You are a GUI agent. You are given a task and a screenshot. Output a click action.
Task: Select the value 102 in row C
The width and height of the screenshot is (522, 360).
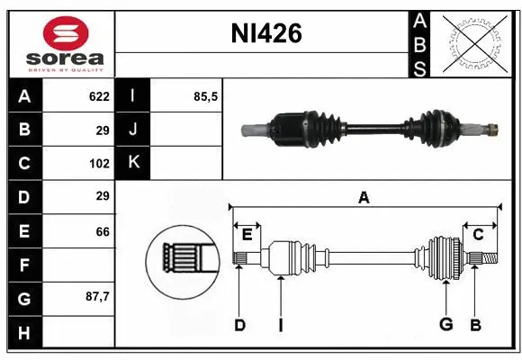98,164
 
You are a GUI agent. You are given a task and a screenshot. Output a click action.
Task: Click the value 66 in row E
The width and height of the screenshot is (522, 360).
102,231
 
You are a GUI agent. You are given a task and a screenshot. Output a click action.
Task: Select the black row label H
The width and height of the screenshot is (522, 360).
24,332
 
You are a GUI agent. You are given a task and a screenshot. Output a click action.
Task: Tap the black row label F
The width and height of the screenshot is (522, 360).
24,265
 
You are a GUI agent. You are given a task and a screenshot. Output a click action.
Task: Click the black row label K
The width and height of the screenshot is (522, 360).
133,163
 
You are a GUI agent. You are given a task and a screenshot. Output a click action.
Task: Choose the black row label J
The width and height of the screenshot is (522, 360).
133,130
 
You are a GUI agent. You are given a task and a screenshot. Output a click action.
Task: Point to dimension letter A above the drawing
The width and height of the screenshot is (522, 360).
364,198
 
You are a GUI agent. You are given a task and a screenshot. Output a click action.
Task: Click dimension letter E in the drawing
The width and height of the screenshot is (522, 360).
247,235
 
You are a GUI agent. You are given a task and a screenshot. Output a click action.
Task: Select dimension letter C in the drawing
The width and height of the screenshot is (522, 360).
478,235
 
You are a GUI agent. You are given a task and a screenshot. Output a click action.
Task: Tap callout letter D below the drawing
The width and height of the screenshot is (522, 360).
239,325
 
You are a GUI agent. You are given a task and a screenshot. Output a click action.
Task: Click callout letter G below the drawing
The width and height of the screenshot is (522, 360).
445,325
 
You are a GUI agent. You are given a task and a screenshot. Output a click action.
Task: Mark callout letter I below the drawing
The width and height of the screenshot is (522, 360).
280,325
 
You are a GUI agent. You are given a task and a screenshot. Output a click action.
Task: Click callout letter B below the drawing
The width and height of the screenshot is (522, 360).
474,325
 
